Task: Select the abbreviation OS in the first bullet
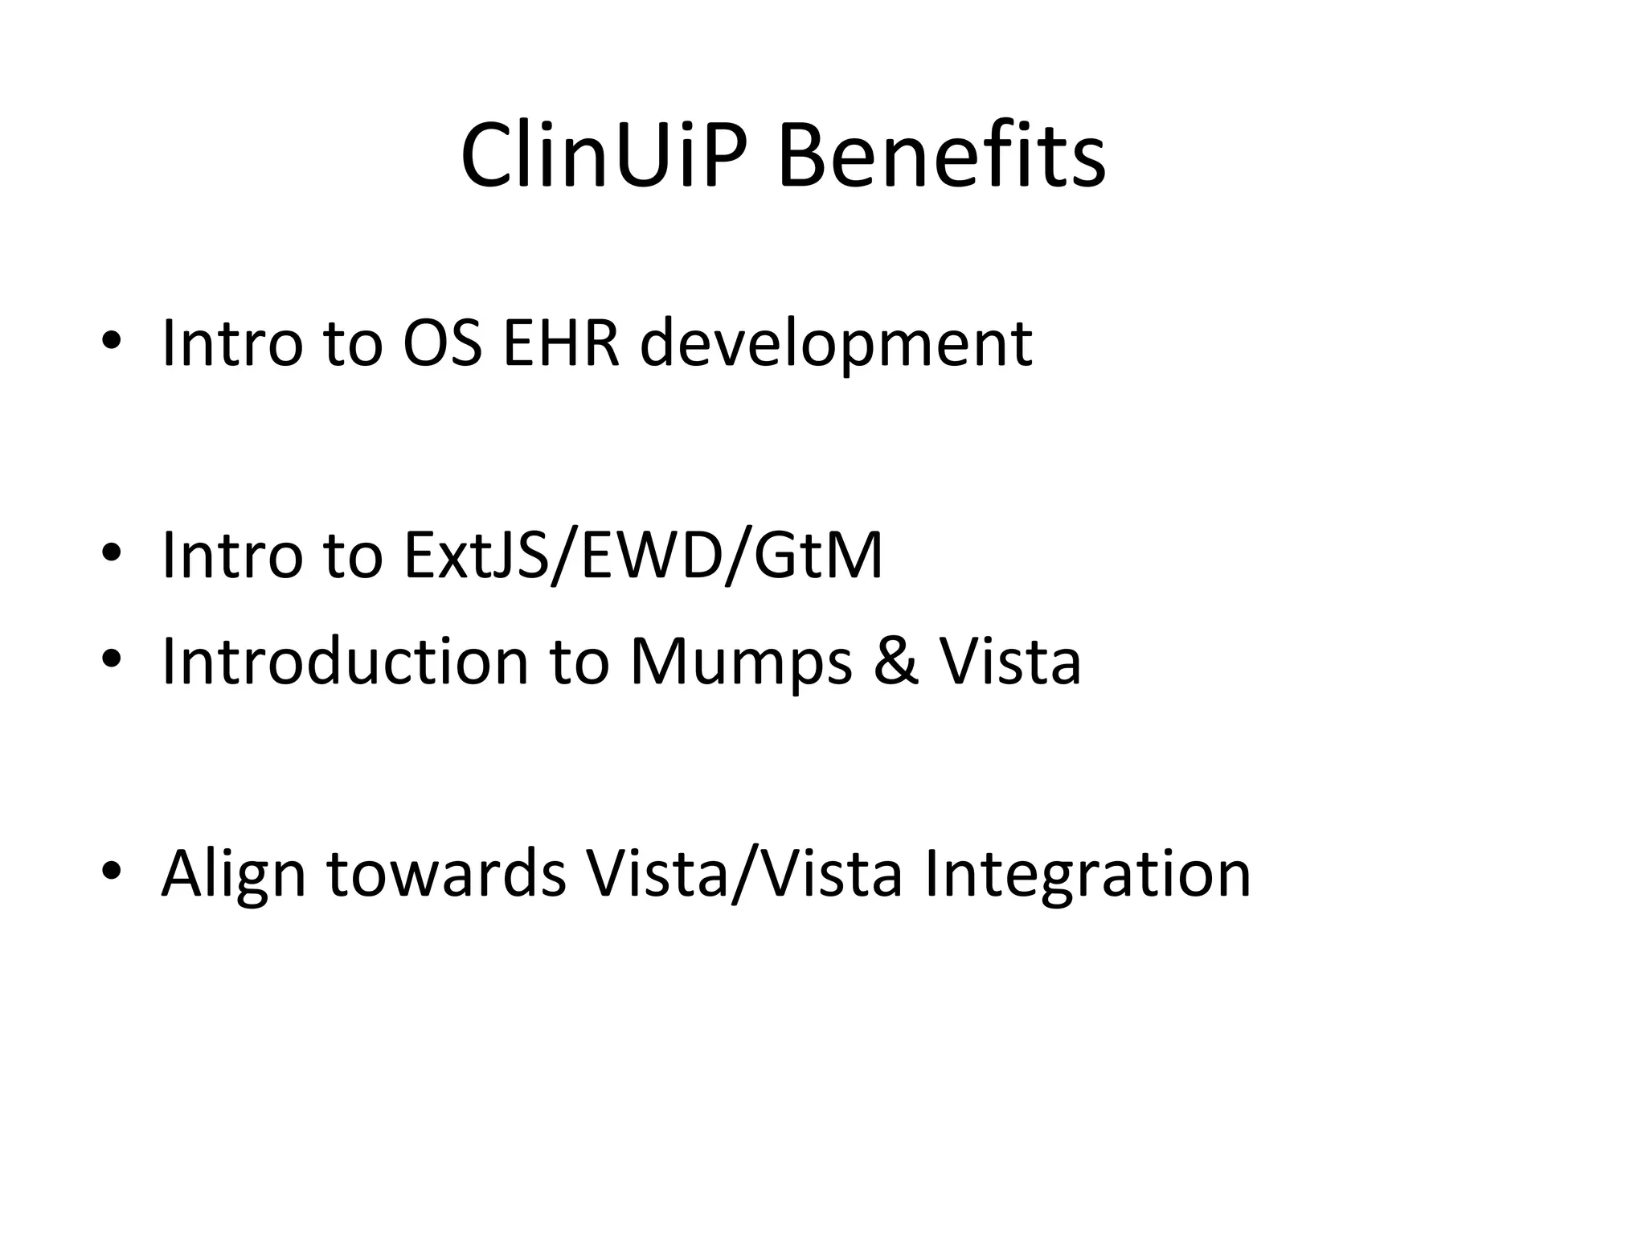pos(442,343)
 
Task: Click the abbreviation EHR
pos(561,343)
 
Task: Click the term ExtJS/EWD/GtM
pos(643,556)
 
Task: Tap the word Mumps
pos(740,664)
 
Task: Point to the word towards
pos(447,874)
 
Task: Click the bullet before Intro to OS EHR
pos(112,340)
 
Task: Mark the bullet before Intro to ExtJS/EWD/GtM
pos(112,552)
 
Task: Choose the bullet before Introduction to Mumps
pos(112,659)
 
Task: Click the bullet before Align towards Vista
pos(112,871)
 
